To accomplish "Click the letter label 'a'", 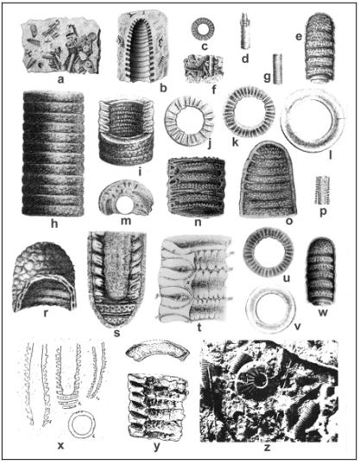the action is pos(60,79).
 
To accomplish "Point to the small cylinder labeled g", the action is pos(277,69).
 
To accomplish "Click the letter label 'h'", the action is pos(54,223).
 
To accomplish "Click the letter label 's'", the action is pos(117,333).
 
